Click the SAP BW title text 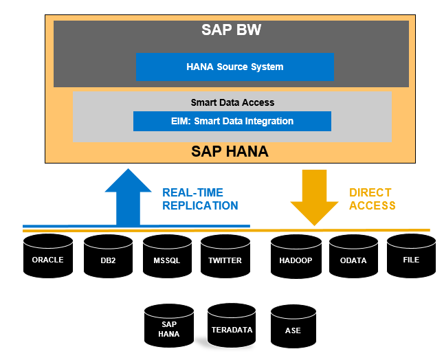[x=231, y=30]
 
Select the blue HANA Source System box [x=234, y=67]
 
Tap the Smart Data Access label [x=232, y=102]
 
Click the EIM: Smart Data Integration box [x=232, y=122]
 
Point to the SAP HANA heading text [x=231, y=151]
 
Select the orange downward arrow [x=314, y=199]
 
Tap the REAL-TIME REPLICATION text [x=200, y=199]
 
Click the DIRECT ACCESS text [x=372, y=199]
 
